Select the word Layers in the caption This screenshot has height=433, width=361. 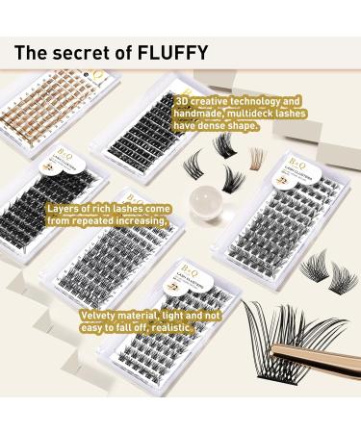pos(63,207)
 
